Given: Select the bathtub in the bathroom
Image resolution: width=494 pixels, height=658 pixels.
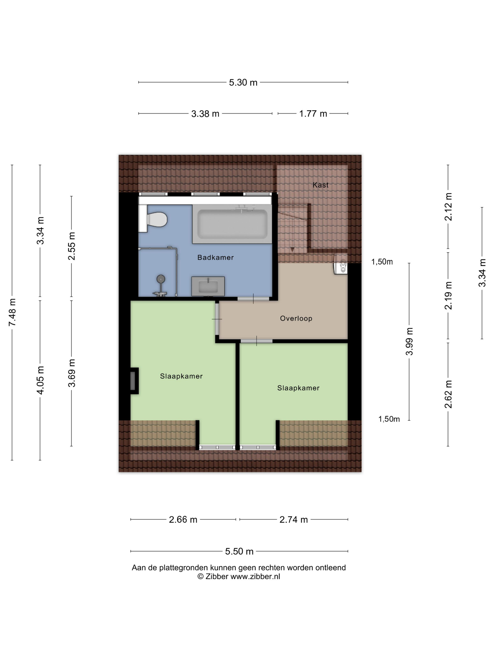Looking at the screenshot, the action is point(232,224).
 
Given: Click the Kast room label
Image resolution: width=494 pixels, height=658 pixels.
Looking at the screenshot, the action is point(320,185).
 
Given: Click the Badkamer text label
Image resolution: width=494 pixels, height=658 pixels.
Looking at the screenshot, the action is point(215,257).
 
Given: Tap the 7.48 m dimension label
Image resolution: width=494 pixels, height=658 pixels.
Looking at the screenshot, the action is point(12,312).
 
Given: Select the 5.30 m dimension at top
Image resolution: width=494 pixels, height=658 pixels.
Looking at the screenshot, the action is point(243,82).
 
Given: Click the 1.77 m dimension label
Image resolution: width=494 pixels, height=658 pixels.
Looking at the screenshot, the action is point(313,114).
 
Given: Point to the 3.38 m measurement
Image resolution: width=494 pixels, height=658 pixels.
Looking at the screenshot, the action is point(205,114).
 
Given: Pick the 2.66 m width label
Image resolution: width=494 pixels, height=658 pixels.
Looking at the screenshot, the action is point(183,519).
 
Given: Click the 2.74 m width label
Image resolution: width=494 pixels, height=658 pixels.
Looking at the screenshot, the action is point(294,519).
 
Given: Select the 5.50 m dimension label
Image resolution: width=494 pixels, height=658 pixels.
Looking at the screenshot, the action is point(239,551).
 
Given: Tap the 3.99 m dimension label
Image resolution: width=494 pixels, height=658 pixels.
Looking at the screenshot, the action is point(409,341).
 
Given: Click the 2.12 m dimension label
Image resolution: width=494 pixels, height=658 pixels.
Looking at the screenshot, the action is point(448,207).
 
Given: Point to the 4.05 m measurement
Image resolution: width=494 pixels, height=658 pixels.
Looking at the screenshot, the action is point(40,380).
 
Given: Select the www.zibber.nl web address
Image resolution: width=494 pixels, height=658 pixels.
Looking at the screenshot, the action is point(255,576).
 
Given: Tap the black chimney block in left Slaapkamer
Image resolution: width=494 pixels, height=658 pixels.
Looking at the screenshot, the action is point(134,381).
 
